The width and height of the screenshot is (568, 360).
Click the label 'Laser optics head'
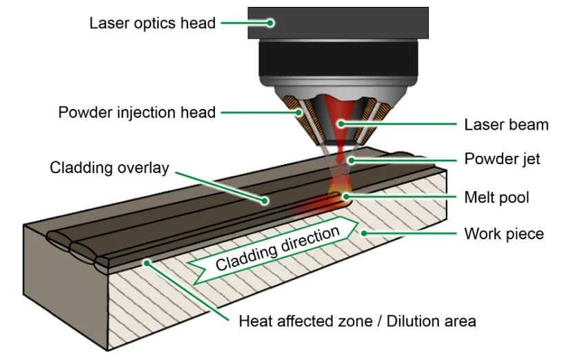[x=152, y=23]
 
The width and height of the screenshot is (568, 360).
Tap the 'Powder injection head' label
[x=137, y=112]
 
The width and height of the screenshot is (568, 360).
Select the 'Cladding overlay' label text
[x=110, y=168]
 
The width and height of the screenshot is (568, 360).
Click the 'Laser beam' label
[x=507, y=125]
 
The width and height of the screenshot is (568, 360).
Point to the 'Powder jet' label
[x=503, y=159]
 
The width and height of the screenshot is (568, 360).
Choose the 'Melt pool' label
[x=497, y=197]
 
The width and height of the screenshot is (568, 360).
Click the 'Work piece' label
[x=504, y=234]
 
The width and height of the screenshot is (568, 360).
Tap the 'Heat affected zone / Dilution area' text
[x=357, y=321]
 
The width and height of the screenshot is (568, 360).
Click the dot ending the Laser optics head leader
[x=271, y=23]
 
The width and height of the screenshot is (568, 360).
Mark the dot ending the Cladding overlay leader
[x=265, y=201]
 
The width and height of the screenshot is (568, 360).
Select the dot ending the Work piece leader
[x=365, y=234]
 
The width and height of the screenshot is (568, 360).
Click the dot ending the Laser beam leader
[x=341, y=124]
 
